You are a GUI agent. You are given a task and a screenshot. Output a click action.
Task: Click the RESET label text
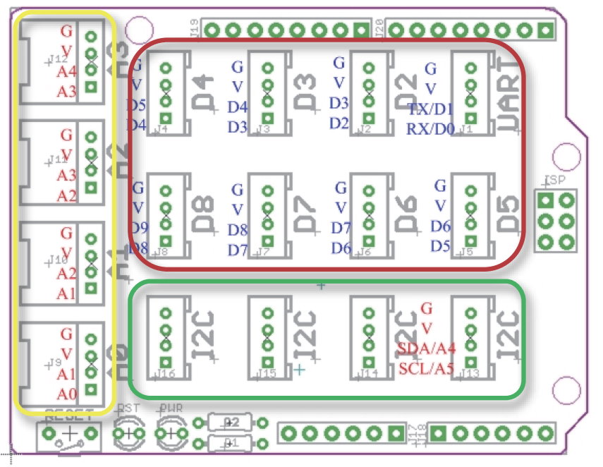68,414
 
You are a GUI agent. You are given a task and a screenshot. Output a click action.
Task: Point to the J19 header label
194,28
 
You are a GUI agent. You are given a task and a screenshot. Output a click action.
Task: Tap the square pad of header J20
545,30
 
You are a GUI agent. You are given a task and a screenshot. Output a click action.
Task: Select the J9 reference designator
56,363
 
